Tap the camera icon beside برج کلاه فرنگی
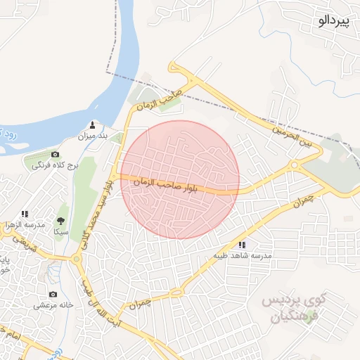[55, 154]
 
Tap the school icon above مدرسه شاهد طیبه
[243, 245]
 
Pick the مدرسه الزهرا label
[26, 224]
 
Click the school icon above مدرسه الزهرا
[25, 214]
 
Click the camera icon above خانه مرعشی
[53, 294]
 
